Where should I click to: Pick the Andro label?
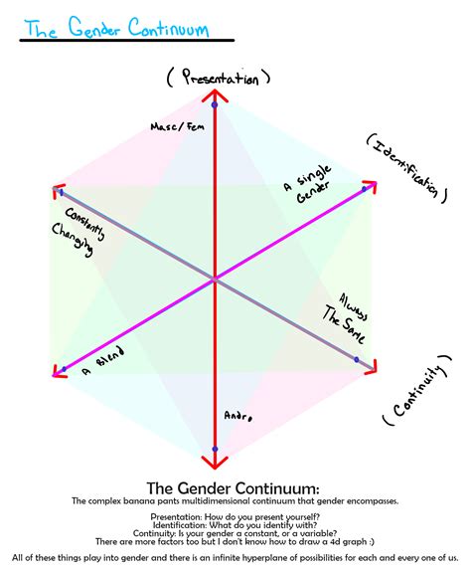(x=238, y=416)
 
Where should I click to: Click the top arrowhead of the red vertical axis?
(x=215, y=95)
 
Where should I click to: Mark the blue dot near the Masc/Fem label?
(x=215, y=104)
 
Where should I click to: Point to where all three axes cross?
(x=215, y=281)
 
